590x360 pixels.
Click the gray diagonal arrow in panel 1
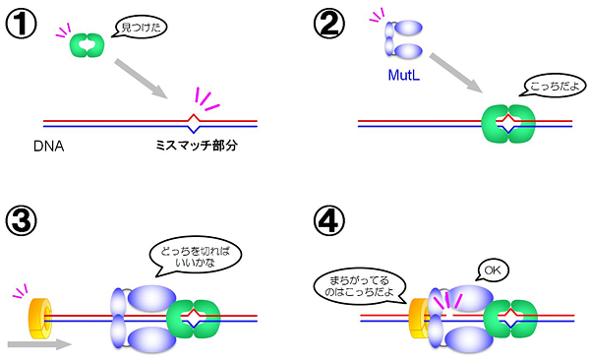click(x=143, y=78)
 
